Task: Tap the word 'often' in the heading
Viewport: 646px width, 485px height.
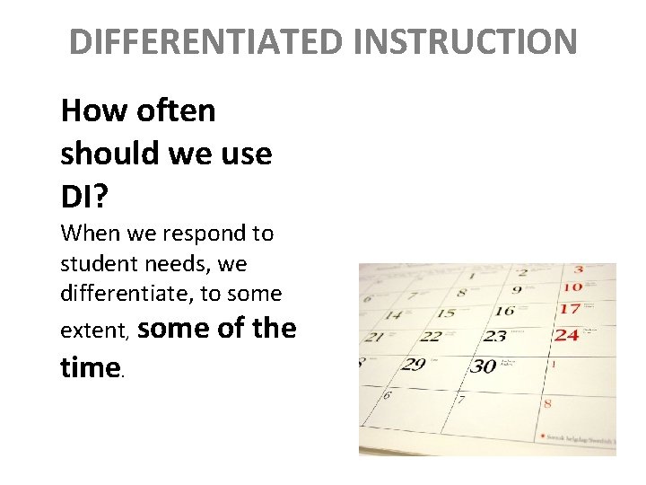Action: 177,110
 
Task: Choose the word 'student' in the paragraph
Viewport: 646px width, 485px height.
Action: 94,264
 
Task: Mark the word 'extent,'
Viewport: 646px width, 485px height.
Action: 95,331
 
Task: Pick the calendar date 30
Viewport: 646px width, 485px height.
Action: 484,366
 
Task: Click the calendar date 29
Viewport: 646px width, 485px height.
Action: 414,364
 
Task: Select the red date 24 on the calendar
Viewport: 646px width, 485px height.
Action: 566,335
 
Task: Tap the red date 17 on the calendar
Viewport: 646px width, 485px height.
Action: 569,309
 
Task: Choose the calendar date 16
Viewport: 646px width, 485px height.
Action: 505,311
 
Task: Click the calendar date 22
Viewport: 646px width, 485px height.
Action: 432,337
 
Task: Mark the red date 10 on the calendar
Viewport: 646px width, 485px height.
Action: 572,287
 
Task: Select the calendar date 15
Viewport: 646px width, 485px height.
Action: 444,313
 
